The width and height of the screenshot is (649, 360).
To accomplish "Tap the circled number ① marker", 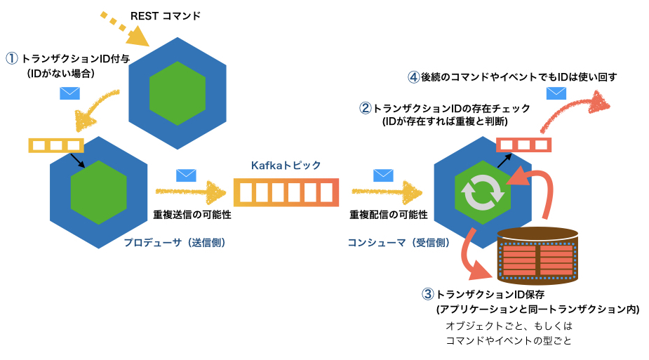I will (11, 59).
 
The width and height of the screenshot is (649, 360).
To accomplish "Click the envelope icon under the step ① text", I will (69, 93).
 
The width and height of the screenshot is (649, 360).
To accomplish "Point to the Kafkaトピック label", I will (286, 165).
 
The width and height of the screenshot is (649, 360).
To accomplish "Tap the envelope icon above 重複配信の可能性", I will (382, 175).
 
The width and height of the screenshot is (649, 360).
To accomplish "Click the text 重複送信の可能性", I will (186, 213).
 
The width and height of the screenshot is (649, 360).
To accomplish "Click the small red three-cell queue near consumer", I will (523, 145).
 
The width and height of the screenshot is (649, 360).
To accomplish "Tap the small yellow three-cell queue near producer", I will (55, 145).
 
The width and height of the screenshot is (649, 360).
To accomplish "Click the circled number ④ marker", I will (414, 76).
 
